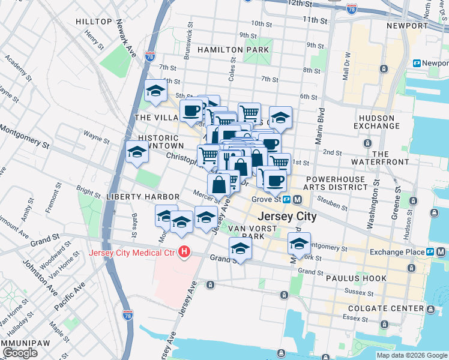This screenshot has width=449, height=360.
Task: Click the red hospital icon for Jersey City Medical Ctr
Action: [x=185, y=252]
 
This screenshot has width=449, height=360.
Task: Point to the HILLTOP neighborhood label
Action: [x=94, y=22]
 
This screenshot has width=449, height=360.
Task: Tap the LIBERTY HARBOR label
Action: [x=143, y=197]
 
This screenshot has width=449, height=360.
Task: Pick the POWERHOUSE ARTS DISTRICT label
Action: [x=336, y=184]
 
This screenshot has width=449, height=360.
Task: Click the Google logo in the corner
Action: [x=20, y=353]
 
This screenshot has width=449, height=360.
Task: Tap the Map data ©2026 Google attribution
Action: [x=412, y=355]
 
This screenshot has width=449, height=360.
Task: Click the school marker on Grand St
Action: [x=240, y=248]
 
